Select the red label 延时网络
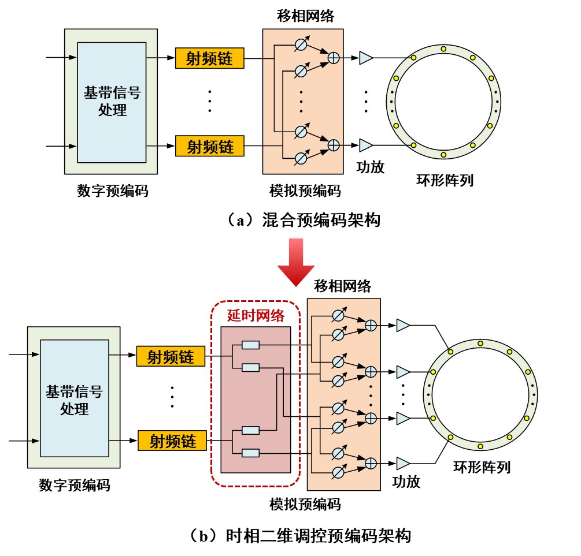(256, 315)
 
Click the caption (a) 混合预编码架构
(304, 219)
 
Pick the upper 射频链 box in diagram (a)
(209, 58)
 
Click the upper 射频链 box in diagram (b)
(171, 356)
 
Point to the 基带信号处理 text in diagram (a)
(112, 101)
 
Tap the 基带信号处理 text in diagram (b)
(74, 400)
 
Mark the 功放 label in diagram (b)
(406, 482)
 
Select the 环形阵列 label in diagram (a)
(445, 180)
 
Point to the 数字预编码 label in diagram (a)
(112, 191)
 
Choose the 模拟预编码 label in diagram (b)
(305, 504)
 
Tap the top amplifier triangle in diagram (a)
(365, 58)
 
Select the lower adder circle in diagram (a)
(333, 145)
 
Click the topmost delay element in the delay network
(250, 345)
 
